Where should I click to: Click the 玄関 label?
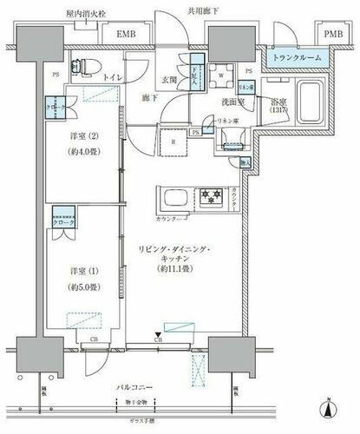tap(167, 78)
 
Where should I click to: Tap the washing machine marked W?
tap(221, 75)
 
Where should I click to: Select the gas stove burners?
tap(212, 195)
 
